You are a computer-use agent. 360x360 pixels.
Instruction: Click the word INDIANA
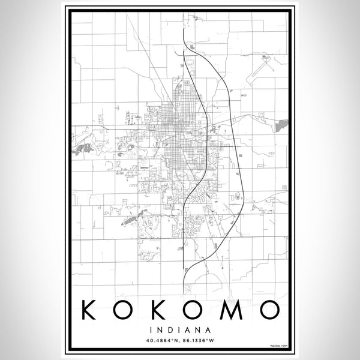coord(180,329)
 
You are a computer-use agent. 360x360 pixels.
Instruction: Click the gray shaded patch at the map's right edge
coord(282,124)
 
